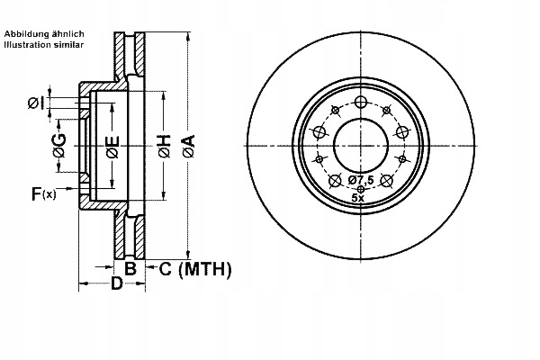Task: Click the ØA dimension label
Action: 189,146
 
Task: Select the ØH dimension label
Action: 165,146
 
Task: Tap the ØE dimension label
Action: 112,147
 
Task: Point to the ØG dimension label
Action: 60,146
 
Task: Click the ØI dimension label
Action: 36,103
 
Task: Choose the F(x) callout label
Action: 43,194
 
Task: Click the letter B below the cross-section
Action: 130,268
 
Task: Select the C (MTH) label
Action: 195,269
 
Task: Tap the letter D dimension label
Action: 116,283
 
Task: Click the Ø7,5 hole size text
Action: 361,179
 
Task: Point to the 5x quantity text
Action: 358,198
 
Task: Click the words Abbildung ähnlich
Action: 44,34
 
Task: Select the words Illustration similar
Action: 44,44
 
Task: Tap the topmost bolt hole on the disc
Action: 361,102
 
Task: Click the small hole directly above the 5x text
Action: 361,189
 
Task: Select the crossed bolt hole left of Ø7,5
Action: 335,181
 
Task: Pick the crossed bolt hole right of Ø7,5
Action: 386,181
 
